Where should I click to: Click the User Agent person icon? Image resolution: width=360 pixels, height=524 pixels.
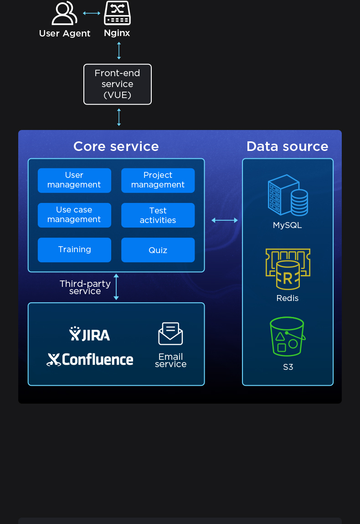click(64, 14)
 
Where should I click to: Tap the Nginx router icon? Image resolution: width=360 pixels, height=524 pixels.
click(117, 14)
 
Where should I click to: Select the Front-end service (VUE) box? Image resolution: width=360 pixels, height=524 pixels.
click(118, 84)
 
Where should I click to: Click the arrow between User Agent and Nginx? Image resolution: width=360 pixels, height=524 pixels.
click(92, 13)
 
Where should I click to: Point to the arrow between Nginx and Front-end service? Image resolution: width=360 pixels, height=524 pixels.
click(119, 51)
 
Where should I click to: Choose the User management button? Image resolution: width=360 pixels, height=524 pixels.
click(74, 180)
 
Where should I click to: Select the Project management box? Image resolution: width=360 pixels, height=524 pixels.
click(158, 180)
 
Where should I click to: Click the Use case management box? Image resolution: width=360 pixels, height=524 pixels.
click(74, 215)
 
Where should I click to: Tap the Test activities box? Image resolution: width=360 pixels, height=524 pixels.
click(158, 215)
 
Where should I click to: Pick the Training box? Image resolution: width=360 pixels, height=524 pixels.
click(74, 249)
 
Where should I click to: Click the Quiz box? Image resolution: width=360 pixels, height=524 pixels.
click(158, 250)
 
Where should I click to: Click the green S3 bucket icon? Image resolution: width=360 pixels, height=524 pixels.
click(288, 337)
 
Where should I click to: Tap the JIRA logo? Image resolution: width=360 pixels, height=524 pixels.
click(90, 334)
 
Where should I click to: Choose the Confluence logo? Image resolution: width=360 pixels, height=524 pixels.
click(90, 359)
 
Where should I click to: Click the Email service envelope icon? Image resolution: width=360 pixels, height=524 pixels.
click(170, 334)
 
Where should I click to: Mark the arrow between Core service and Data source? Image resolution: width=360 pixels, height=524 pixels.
click(225, 220)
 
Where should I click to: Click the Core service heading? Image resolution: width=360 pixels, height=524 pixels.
click(116, 146)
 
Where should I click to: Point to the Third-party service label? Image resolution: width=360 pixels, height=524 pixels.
click(85, 287)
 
